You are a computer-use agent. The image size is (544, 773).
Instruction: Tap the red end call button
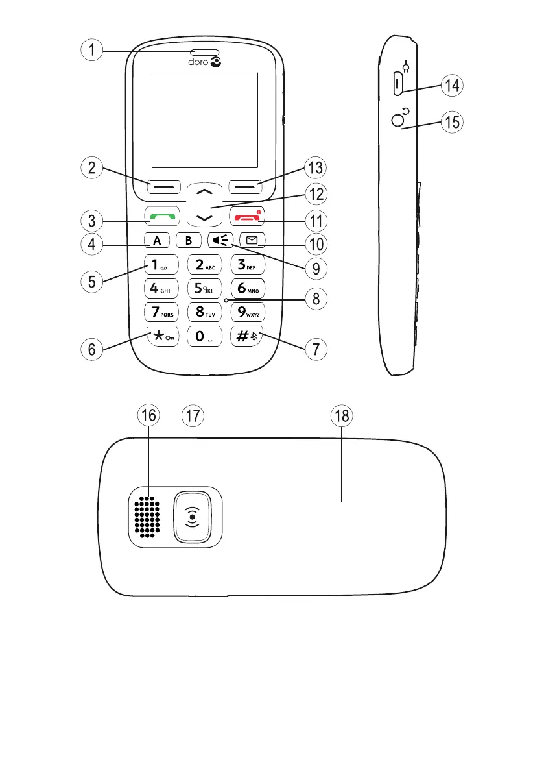tap(249, 217)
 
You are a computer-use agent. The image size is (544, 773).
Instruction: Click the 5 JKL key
tap(203, 288)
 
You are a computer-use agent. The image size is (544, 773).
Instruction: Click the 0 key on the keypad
tap(203, 336)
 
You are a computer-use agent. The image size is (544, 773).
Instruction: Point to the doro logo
tap(205, 62)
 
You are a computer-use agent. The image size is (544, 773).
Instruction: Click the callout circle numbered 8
tap(316, 299)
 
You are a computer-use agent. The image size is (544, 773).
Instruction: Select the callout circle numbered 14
tap(452, 85)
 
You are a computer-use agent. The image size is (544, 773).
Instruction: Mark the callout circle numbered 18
tap(342, 416)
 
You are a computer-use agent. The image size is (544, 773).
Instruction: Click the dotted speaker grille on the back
tap(148, 517)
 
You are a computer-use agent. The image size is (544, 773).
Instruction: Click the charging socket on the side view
tap(397, 84)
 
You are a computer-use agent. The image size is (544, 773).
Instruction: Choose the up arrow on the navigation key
tap(204, 193)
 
